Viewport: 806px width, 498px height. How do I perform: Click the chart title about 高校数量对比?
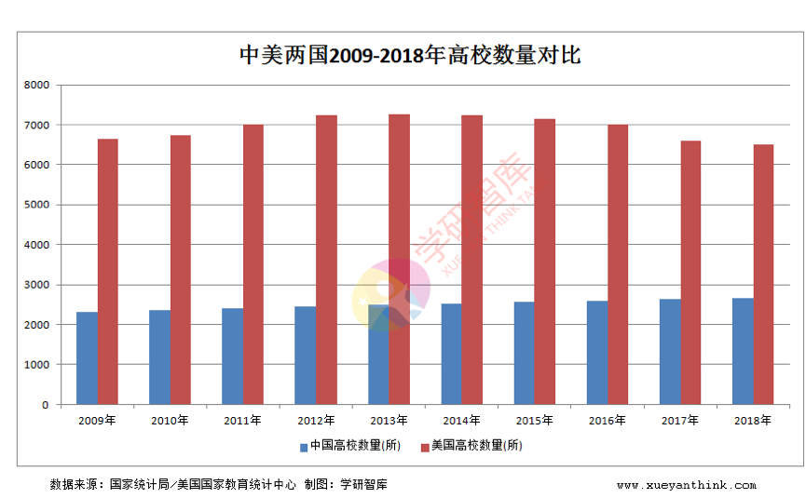point(410,55)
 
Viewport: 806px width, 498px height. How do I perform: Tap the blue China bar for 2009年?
point(87,358)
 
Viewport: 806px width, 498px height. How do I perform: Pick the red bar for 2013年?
point(399,260)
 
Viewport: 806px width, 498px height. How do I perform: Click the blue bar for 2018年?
point(743,352)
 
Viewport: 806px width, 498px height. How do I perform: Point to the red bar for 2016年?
point(618,265)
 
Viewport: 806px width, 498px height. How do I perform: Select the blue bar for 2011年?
point(232,357)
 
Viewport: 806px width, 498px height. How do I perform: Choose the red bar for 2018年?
point(763,275)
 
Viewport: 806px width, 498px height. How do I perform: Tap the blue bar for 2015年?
point(524,354)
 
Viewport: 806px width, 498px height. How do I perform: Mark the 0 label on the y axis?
point(45,405)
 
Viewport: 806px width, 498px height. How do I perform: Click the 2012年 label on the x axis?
point(315,421)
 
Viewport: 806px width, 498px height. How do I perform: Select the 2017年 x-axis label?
point(679,421)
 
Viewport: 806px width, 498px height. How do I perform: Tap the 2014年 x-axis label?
point(460,421)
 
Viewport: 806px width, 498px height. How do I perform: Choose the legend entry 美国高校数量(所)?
point(476,446)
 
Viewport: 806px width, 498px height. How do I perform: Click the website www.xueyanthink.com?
point(686,485)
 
